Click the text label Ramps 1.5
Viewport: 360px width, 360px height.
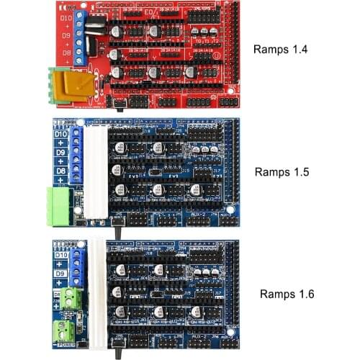[281, 172]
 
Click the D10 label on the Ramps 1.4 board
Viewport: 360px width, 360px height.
[65, 16]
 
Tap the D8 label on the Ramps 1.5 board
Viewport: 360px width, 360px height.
[62, 171]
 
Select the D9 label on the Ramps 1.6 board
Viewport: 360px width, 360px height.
[61, 274]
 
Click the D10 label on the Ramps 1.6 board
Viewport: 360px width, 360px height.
[61, 254]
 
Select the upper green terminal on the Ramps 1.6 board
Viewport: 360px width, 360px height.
[71, 298]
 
